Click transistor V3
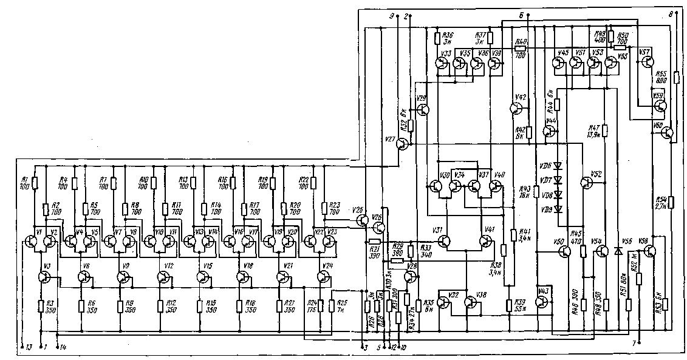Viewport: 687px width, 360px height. [44, 277]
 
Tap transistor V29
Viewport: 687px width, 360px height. [423, 110]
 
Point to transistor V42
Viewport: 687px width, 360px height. [516, 108]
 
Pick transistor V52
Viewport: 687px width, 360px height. [587, 183]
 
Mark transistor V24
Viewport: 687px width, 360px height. [323, 277]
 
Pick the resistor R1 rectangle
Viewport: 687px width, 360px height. [35, 183]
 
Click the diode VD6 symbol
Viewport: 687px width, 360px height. [556, 165]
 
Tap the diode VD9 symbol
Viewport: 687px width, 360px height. [556, 209]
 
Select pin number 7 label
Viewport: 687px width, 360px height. [634, 344]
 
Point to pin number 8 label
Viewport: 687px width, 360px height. [671, 13]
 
